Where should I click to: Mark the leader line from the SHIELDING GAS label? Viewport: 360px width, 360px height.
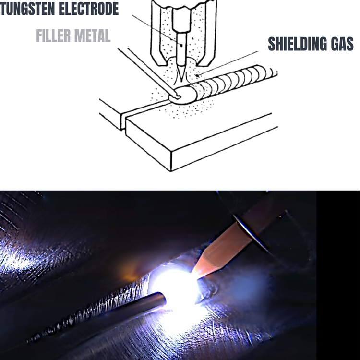click(x=230, y=63)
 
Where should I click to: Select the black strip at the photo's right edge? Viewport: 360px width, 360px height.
click(x=338, y=274)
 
